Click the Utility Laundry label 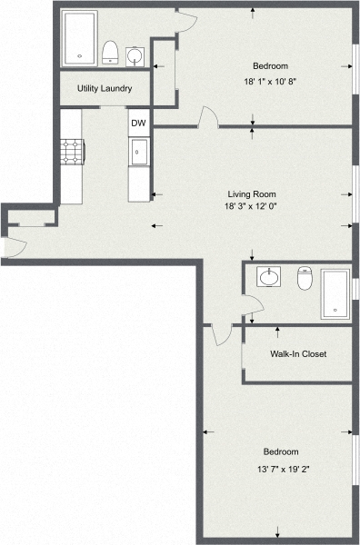[x=105, y=89]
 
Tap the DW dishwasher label [x=138, y=124]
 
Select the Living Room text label [x=251, y=193]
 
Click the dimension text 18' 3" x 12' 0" [x=251, y=206]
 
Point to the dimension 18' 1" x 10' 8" [x=270, y=82]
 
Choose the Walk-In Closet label [x=298, y=354]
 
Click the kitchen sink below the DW [x=138, y=152]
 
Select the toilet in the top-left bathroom [x=110, y=52]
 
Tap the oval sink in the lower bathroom [x=270, y=276]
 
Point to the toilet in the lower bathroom [x=305, y=277]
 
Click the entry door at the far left [x=7, y=246]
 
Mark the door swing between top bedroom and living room [x=208, y=117]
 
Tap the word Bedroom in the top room [x=270, y=66]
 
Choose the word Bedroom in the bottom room [x=281, y=451]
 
